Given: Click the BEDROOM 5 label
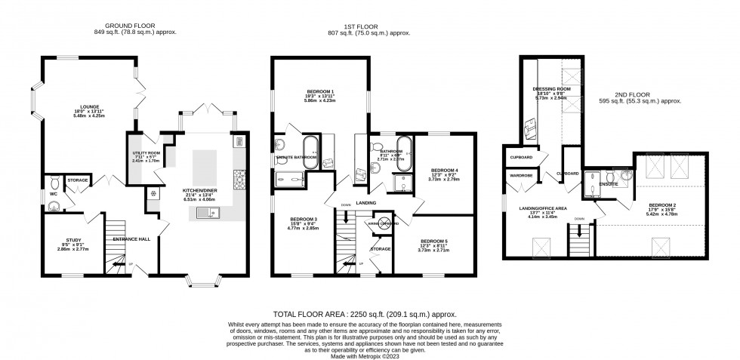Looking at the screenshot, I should click(x=434, y=241).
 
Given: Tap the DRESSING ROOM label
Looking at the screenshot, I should click(x=550, y=88).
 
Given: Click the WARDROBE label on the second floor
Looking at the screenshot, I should click(x=520, y=176).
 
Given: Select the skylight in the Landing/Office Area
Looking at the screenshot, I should click(x=542, y=248).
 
